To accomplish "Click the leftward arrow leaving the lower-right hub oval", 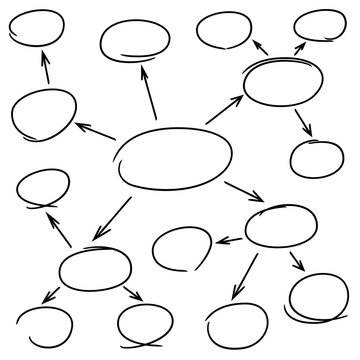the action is click(229, 240).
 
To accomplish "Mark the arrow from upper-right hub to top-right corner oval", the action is click(297, 51).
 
